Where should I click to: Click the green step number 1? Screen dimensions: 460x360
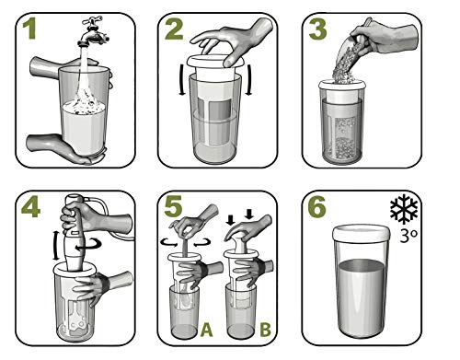pyautogui.click(x=29, y=29)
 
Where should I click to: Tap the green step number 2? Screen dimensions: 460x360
pyautogui.click(x=174, y=29)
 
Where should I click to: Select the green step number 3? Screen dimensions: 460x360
pyautogui.click(x=317, y=29)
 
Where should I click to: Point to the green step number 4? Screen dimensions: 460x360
pyautogui.click(x=30, y=207)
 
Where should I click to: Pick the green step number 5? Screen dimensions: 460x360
pyautogui.click(x=173, y=206)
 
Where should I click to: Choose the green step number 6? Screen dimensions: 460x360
pyautogui.click(x=316, y=207)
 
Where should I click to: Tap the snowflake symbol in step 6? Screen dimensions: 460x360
pyautogui.click(x=404, y=209)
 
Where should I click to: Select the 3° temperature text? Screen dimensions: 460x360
pyautogui.click(x=409, y=235)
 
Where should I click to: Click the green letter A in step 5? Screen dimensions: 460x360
pyautogui.click(x=206, y=331)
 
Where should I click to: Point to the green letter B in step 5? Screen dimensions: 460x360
pyautogui.click(x=265, y=330)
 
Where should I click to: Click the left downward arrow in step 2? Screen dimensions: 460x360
pyautogui.click(x=182, y=80)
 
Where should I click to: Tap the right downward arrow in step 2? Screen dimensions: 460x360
pyautogui.click(x=249, y=80)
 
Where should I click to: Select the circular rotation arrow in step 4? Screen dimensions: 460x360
pyautogui.click(x=89, y=246)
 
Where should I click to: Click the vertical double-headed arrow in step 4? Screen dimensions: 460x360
pyautogui.click(x=55, y=246)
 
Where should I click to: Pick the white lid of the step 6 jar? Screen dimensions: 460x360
pyautogui.click(x=362, y=233)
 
